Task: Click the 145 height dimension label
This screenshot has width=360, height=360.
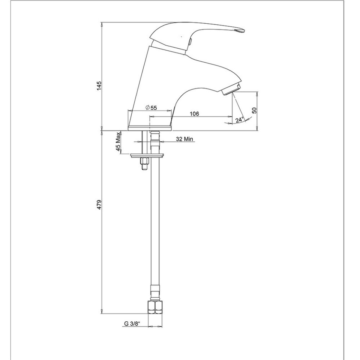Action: coord(99,85)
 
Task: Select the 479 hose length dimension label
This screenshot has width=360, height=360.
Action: coord(99,204)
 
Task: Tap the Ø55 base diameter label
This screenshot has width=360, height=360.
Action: coord(151,108)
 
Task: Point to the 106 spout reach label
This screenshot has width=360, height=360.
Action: coord(195,114)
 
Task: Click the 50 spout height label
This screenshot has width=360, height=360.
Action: coord(254,110)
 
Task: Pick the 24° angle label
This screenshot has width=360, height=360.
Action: coord(240,120)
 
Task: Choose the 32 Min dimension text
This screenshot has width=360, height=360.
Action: coord(184,139)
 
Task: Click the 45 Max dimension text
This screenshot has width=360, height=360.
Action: coord(118,142)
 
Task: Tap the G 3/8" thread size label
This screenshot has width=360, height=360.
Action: coord(132,324)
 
